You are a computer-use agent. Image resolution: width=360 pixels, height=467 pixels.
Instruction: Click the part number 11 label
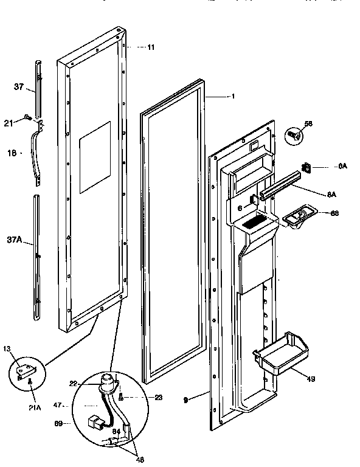coord(150,47)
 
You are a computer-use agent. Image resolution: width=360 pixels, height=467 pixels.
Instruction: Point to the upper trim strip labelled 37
coord(38,87)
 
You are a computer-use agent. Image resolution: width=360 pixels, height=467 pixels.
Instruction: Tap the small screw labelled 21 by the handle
coord(27,117)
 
